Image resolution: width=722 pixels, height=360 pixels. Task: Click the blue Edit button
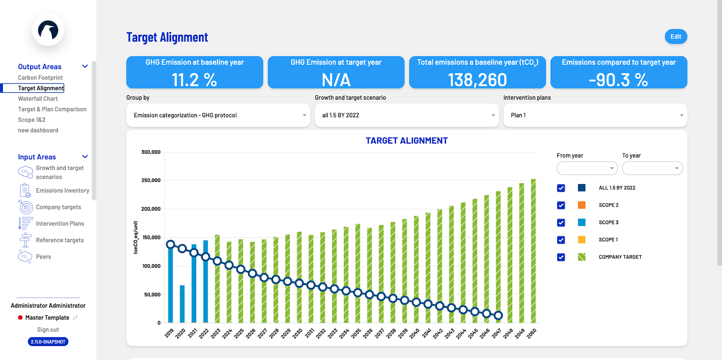pyautogui.click(x=676, y=37)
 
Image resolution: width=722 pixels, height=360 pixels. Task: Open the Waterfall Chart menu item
pyautogui.click(x=38, y=99)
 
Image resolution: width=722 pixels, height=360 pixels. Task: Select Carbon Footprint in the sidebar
pyautogui.click(x=40, y=78)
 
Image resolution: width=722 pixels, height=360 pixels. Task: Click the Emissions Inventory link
pyautogui.click(x=62, y=191)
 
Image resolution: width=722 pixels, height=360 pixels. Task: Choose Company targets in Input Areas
pyautogui.click(x=58, y=207)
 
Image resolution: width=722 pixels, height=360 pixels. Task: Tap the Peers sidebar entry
pyautogui.click(x=43, y=257)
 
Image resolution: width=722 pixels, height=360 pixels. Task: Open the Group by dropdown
pyautogui.click(x=218, y=115)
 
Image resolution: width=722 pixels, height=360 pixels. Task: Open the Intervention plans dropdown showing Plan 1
pyautogui.click(x=595, y=115)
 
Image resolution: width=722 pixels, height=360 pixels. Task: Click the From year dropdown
pyautogui.click(x=587, y=168)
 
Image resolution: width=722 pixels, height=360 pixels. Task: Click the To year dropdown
pyautogui.click(x=652, y=168)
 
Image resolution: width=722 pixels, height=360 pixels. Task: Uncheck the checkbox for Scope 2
pyautogui.click(x=561, y=205)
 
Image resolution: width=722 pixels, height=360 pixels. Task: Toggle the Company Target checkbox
pyautogui.click(x=561, y=257)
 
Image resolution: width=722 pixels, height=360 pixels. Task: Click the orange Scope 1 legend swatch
pyautogui.click(x=582, y=240)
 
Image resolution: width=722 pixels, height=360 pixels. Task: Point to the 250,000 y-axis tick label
pyautogui.click(x=151, y=180)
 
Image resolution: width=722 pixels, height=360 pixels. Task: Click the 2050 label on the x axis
pyautogui.click(x=532, y=333)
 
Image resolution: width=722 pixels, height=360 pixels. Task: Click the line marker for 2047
pyautogui.click(x=498, y=316)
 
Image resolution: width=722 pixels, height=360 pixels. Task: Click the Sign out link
pyautogui.click(x=48, y=330)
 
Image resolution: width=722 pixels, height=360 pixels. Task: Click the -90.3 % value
pyautogui.click(x=618, y=80)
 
